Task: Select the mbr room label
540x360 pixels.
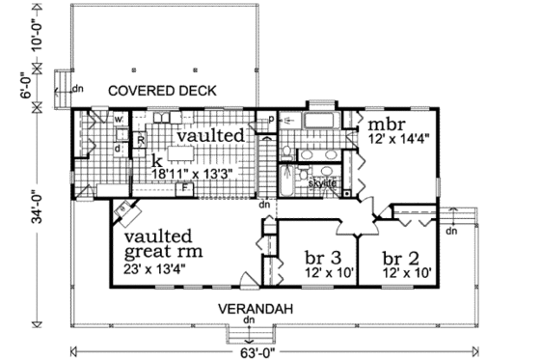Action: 377,125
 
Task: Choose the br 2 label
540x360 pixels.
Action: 399,258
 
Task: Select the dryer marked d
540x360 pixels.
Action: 118,149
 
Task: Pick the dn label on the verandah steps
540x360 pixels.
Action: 249,320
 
